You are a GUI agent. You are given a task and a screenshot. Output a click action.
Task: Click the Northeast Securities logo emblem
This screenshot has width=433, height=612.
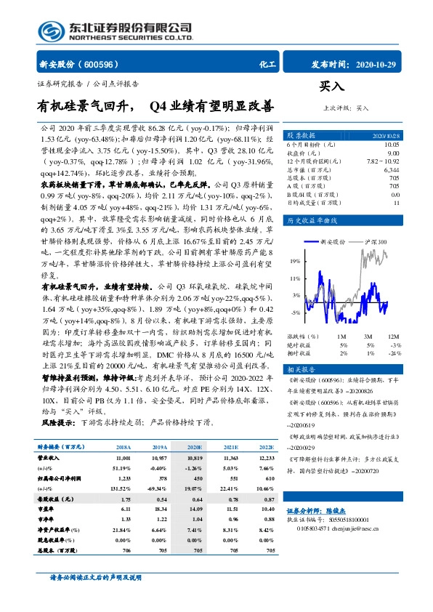[x=49, y=31]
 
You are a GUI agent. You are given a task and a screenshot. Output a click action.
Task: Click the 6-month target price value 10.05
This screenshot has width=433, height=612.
[x=391, y=144]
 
